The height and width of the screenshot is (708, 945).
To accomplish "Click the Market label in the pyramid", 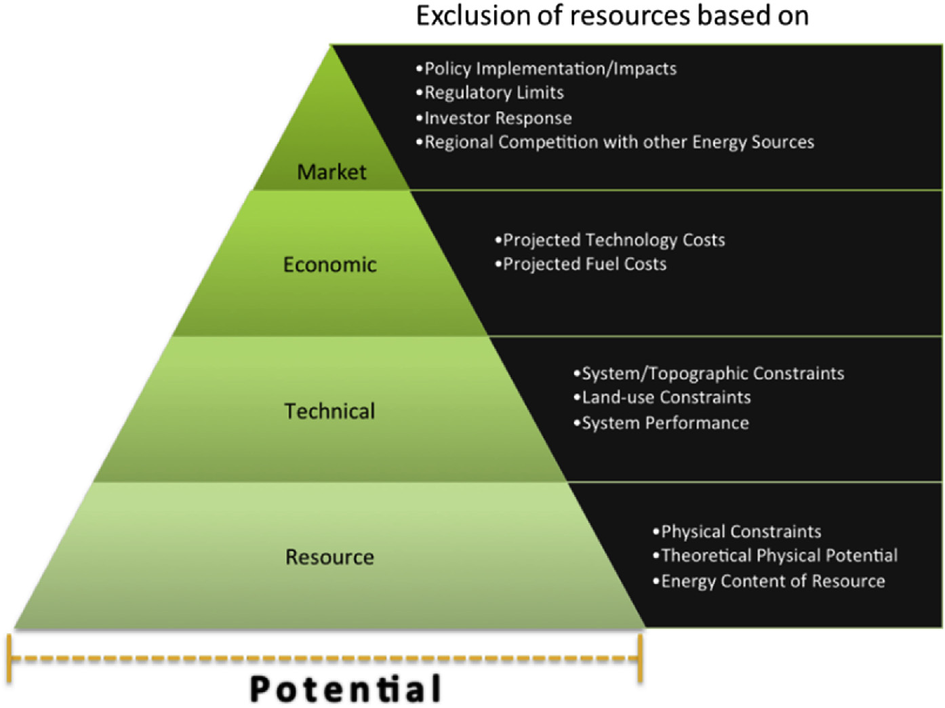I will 331,172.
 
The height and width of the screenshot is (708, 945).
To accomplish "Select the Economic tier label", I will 329,264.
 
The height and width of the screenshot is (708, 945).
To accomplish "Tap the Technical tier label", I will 329,411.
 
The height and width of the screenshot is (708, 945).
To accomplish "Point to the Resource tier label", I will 329,557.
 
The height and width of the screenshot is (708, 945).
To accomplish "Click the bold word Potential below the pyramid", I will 346,689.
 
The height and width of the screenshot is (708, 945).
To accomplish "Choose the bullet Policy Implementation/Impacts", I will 546,68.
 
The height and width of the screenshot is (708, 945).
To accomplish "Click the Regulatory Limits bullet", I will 490,92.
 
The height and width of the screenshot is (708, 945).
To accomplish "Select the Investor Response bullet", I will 494,118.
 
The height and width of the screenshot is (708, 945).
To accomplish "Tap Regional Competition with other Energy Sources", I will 615,142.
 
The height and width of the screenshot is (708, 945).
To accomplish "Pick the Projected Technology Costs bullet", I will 610,240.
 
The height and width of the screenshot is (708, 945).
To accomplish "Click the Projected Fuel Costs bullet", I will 581,264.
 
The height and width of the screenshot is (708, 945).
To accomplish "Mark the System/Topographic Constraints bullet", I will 709,374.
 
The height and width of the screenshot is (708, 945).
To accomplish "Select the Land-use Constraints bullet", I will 662,397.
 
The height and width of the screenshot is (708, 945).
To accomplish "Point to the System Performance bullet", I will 662,423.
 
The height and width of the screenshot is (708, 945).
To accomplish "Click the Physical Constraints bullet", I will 737,532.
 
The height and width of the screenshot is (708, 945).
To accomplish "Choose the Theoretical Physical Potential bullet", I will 775,556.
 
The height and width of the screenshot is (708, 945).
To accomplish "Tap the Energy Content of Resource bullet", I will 769,581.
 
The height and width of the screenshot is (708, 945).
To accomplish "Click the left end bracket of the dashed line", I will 9,658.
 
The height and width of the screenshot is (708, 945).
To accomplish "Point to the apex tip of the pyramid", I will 331,46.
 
